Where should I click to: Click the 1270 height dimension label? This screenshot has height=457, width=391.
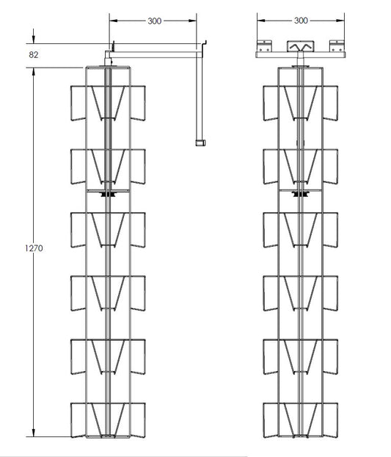[34, 248]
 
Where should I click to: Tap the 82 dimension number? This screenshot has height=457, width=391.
[34, 55]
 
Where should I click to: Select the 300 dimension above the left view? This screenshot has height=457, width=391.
[155, 21]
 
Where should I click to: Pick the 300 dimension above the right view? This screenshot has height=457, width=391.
[301, 21]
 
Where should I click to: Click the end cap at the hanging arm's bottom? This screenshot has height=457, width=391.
[200, 143]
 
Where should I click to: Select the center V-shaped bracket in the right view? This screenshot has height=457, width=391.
[301, 46]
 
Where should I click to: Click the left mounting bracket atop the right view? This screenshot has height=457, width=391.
[264, 46]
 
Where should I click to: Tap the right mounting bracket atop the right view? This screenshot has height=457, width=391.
[337, 46]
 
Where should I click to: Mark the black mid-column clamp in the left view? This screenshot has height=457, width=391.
[108, 194]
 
